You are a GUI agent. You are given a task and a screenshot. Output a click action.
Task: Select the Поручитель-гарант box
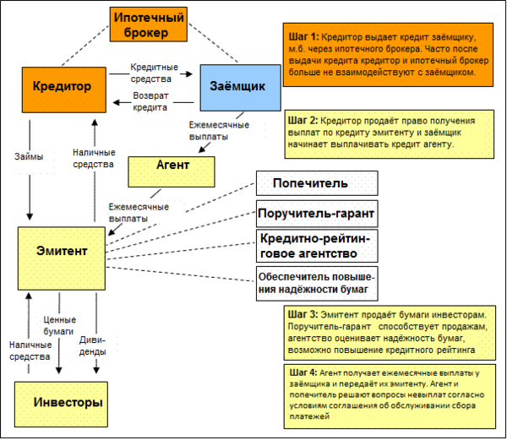click(315, 212)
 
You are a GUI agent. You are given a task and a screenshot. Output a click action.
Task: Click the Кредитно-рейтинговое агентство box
click(315, 246)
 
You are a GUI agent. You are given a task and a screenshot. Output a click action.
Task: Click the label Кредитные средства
click(155, 72)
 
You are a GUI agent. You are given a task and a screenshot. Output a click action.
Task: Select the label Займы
click(29, 156)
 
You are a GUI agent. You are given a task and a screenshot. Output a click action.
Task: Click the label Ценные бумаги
click(59, 325)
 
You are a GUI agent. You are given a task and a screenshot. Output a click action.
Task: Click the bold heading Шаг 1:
click(303, 37)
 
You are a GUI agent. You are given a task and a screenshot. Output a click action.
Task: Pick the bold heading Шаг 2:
click(303, 121)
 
